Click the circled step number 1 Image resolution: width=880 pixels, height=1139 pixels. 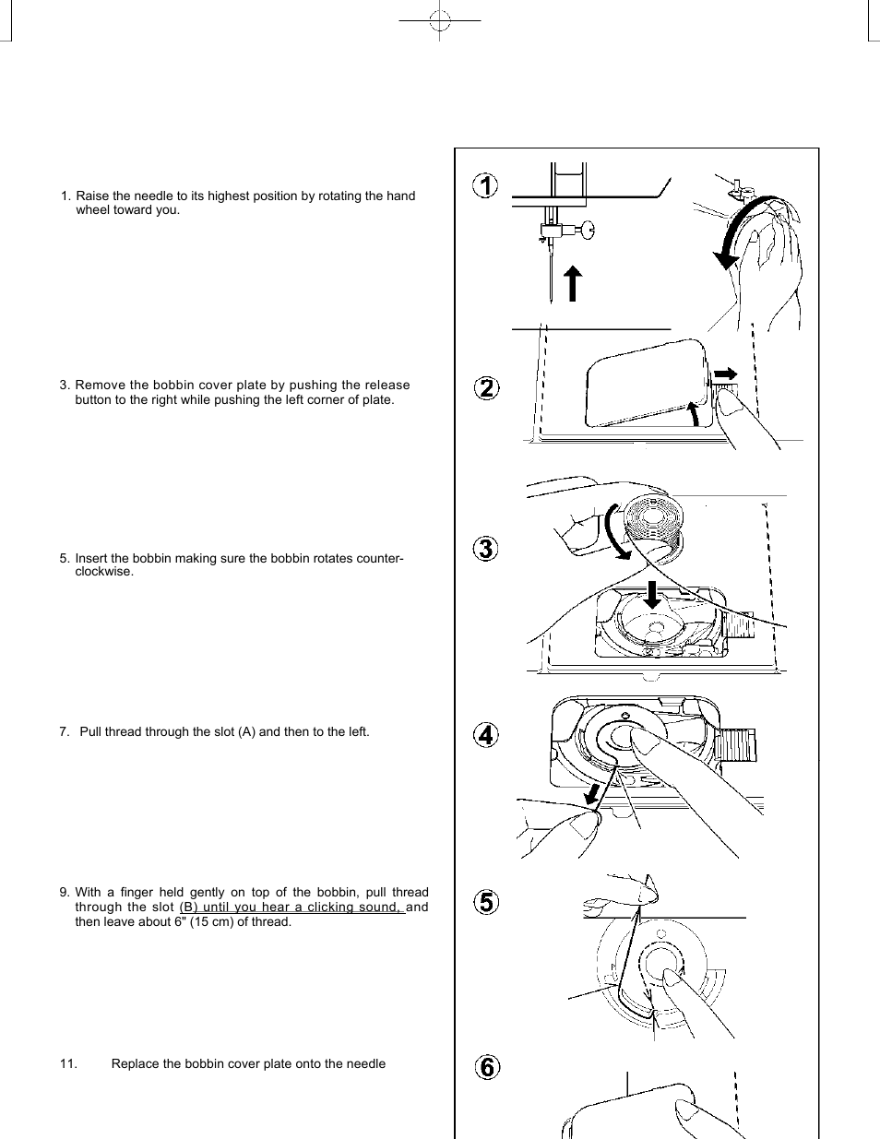[486, 185]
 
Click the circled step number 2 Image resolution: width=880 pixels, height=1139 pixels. [487, 388]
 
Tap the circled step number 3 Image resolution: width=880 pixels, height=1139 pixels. [487, 549]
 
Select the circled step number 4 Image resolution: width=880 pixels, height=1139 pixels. [486, 735]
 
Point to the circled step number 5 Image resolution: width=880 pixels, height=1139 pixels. [487, 902]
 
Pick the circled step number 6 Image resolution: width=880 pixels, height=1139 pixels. [487, 1067]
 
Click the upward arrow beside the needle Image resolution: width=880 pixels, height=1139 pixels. [573, 282]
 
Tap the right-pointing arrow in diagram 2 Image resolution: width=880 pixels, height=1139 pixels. [726, 374]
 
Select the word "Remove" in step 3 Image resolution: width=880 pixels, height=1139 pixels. [100, 386]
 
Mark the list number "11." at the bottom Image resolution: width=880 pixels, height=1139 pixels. [69, 1063]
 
